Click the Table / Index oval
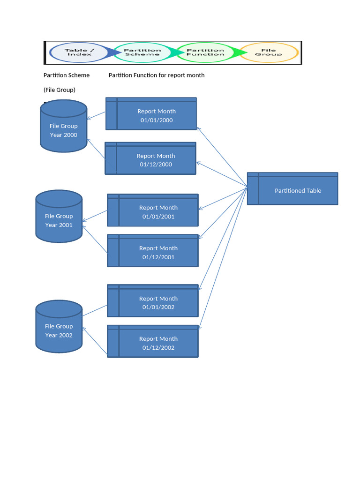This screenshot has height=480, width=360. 79,52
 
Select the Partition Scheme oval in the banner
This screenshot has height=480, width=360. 142,52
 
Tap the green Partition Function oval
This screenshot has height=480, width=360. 205,52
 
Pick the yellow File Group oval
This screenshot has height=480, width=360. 269,52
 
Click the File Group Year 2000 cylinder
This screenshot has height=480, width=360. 64,126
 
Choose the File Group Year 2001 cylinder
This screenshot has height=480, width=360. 59,216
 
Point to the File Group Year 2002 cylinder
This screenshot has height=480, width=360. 59,326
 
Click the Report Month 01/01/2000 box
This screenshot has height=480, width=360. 151,114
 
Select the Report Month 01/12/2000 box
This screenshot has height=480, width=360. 150,158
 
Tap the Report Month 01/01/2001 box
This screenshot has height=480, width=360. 153,210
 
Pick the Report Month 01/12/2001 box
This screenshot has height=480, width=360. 153,251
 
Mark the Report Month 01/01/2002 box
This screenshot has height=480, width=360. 153,300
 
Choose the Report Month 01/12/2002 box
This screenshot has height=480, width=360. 153,341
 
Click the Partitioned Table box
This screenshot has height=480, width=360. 292,188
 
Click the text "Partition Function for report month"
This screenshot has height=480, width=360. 157,75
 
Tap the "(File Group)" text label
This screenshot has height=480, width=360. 60,90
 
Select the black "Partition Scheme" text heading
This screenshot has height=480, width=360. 67,75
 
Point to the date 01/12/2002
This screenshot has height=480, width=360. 158,348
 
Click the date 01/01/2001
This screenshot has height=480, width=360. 158,217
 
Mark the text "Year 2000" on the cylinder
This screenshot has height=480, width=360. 64,135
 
